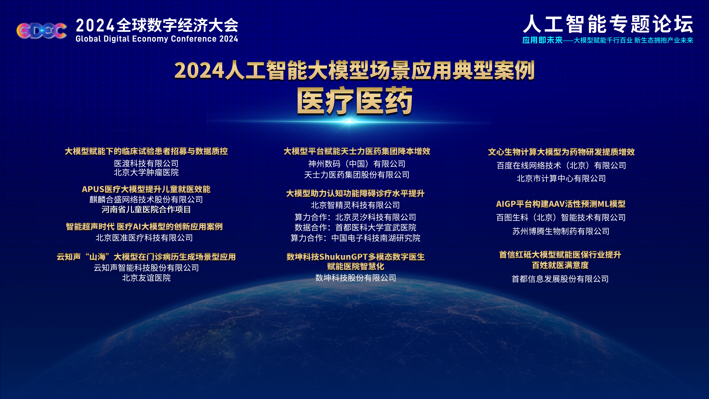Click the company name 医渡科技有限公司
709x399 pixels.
click(x=146, y=164)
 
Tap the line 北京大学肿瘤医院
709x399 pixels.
click(x=146, y=173)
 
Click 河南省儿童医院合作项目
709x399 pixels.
click(x=146, y=210)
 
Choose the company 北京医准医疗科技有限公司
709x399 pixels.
click(x=144, y=238)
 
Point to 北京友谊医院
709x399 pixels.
click(x=146, y=278)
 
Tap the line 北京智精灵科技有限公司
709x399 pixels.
click(x=355, y=205)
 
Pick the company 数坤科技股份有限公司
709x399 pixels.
click(x=356, y=278)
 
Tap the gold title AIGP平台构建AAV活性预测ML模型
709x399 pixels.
click(x=561, y=204)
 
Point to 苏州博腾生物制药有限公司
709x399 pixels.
click(x=561, y=231)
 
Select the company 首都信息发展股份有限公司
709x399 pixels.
click(x=560, y=279)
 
